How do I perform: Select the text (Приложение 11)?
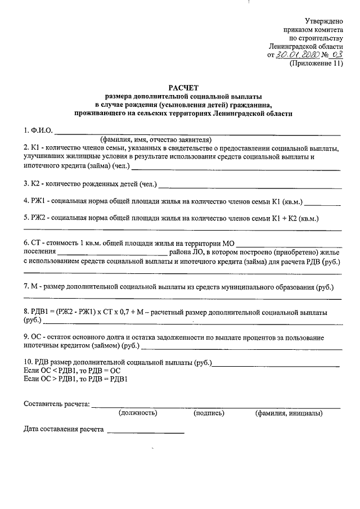click(x=316, y=64)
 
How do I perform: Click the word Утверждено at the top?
click(x=323, y=20)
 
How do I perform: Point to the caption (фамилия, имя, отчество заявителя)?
click(x=155, y=139)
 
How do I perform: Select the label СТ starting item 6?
click(x=37, y=242)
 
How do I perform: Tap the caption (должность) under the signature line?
click(x=137, y=413)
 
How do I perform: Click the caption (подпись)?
click(x=209, y=413)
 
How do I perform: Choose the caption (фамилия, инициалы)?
click(x=288, y=413)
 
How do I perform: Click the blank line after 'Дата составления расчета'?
click(x=145, y=431)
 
